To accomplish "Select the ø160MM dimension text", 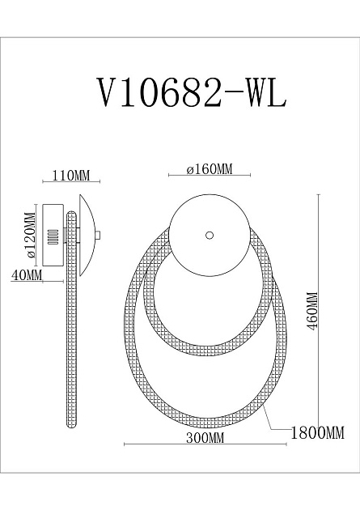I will click(209, 169).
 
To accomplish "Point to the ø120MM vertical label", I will click(29, 235).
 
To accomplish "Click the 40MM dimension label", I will click(27, 275).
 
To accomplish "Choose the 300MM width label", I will click(204, 438).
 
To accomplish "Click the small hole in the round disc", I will click(210, 235).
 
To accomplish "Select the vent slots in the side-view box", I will click(53, 236).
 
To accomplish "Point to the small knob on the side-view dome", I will click(97, 236).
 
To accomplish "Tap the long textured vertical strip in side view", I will click(72, 324).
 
